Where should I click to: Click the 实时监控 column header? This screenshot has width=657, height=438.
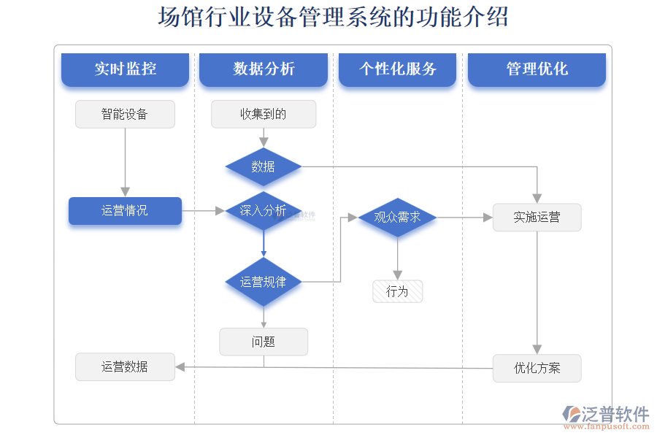125,69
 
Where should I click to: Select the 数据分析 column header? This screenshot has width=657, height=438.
264,69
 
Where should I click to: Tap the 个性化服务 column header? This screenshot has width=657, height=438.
397,69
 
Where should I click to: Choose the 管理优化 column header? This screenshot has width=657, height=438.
537,69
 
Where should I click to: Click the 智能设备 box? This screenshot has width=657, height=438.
125,114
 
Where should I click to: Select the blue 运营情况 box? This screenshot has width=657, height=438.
125,210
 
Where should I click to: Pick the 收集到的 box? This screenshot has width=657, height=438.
264,114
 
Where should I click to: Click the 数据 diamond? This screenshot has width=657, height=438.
264,166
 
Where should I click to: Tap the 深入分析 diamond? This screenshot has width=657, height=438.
264,210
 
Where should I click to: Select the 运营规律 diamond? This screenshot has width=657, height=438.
264,281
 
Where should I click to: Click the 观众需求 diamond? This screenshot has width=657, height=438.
397,217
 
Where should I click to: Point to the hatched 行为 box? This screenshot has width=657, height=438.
397,291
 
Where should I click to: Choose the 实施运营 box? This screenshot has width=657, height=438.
537,217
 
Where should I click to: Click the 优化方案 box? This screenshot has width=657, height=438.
537,368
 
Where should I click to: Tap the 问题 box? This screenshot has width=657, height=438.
264,341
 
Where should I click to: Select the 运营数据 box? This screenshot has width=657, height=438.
125,366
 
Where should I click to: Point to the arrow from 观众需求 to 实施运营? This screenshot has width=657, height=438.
464,217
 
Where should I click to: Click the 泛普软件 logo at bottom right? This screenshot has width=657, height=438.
606,415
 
